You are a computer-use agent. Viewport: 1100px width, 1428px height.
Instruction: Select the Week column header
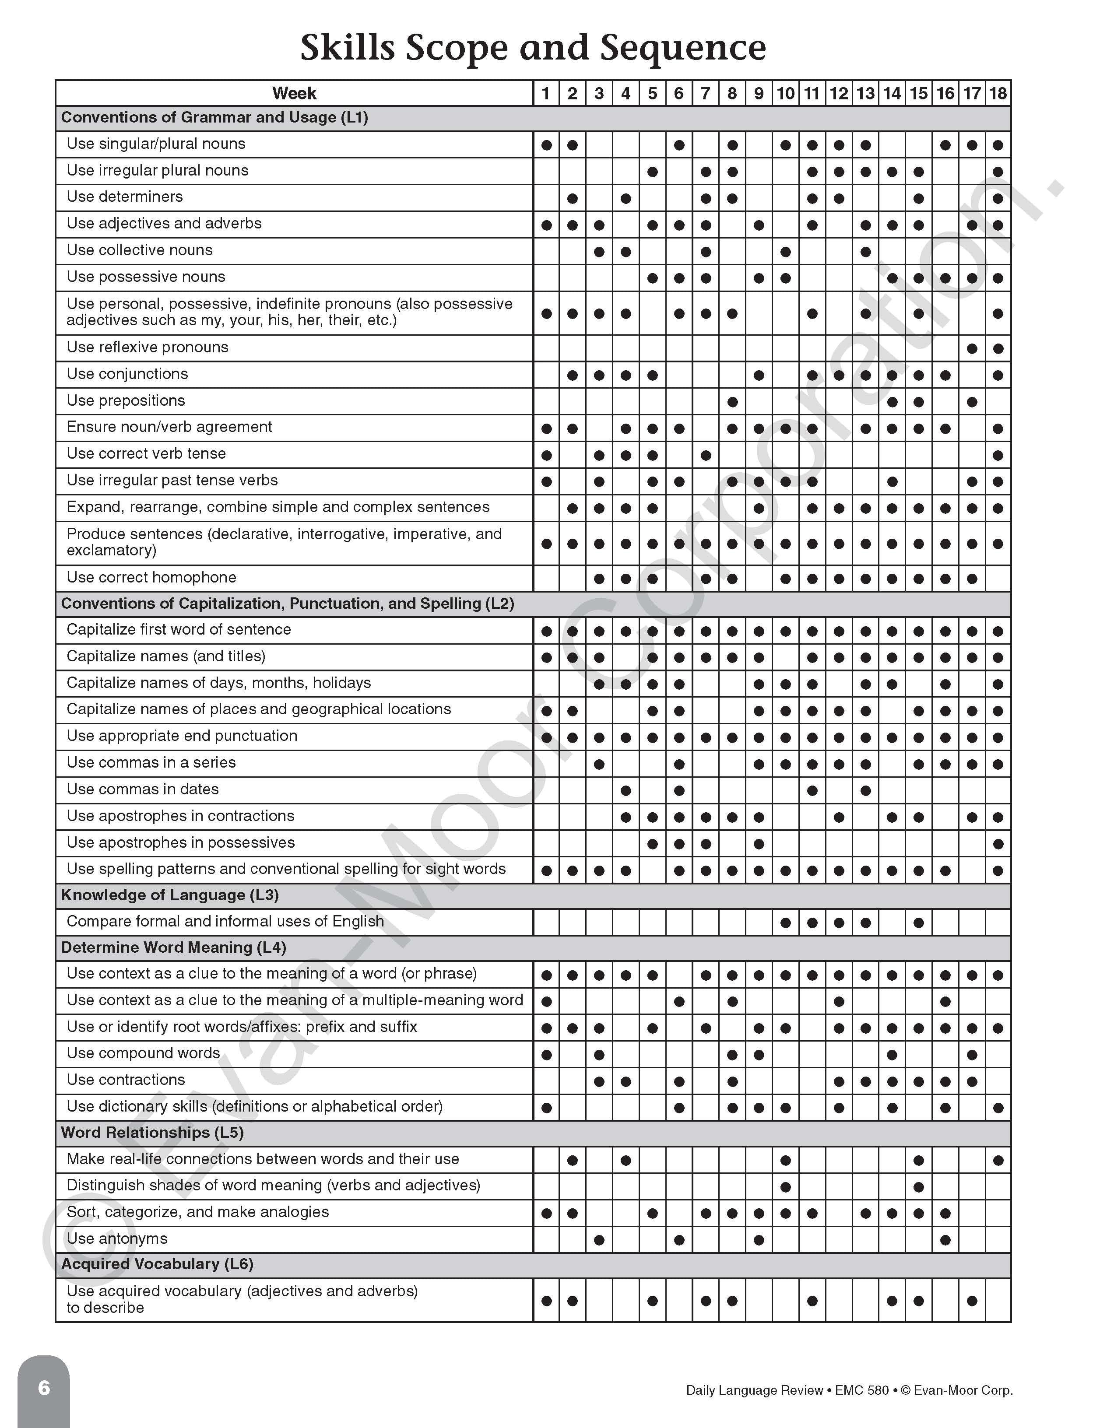pyautogui.click(x=294, y=94)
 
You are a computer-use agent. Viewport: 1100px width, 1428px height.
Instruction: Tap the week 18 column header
pyautogui.click(x=997, y=94)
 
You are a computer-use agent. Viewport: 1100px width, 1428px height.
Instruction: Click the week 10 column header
pyautogui.click(x=785, y=94)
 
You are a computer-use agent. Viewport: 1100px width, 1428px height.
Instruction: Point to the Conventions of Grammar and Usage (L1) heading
pyautogui.click(x=214, y=118)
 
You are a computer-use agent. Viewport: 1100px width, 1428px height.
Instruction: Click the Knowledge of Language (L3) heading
pyautogui.click(x=170, y=895)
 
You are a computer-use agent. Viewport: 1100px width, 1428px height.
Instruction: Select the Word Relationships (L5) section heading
pyautogui.click(x=152, y=1133)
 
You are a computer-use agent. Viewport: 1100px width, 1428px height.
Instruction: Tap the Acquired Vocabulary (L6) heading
pyautogui.click(x=157, y=1264)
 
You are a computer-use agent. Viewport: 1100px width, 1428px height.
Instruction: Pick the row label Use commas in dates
pyautogui.click(x=143, y=789)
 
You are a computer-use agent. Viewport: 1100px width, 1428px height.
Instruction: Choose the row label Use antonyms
pyautogui.click(x=117, y=1239)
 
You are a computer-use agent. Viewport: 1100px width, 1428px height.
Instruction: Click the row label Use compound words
pyautogui.click(x=143, y=1053)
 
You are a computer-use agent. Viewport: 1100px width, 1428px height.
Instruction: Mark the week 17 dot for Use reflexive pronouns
pyautogui.click(x=971, y=348)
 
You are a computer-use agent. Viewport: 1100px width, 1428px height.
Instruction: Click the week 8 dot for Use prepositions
pyautogui.click(x=732, y=402)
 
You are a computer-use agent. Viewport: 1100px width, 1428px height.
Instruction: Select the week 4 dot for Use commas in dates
pyautogui.click(x=625, y=790)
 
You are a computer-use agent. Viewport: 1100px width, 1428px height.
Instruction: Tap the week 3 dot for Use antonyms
pyautogui.click(x=598, y=1240)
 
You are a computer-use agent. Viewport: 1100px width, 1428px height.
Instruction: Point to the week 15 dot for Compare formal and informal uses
pyautogui.click(x=918, y=923)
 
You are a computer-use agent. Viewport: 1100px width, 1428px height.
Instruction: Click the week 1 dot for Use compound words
pyautogui.click(x=546, y=1055)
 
